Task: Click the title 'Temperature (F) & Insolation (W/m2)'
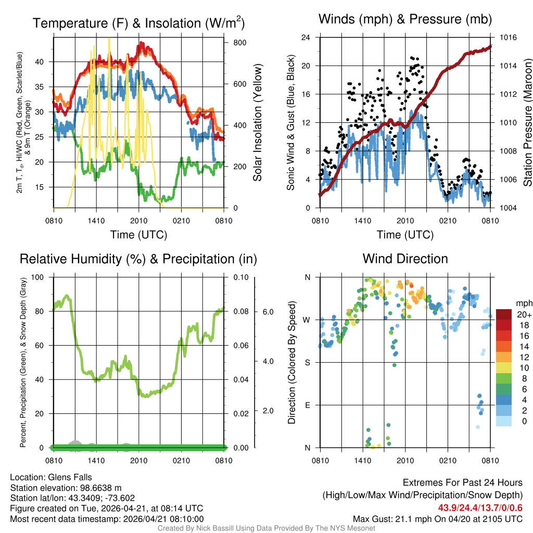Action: (138, 23)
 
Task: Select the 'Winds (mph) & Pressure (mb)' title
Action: (405, 19)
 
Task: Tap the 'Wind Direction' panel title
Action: (405, 259)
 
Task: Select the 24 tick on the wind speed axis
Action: (306, 37)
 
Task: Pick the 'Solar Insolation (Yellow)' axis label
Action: (258, 123)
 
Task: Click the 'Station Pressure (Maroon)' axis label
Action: (527, 123)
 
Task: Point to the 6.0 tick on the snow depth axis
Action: (268, 312)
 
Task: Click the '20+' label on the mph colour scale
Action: (523, 315)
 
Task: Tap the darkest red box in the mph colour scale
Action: (504, 315)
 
